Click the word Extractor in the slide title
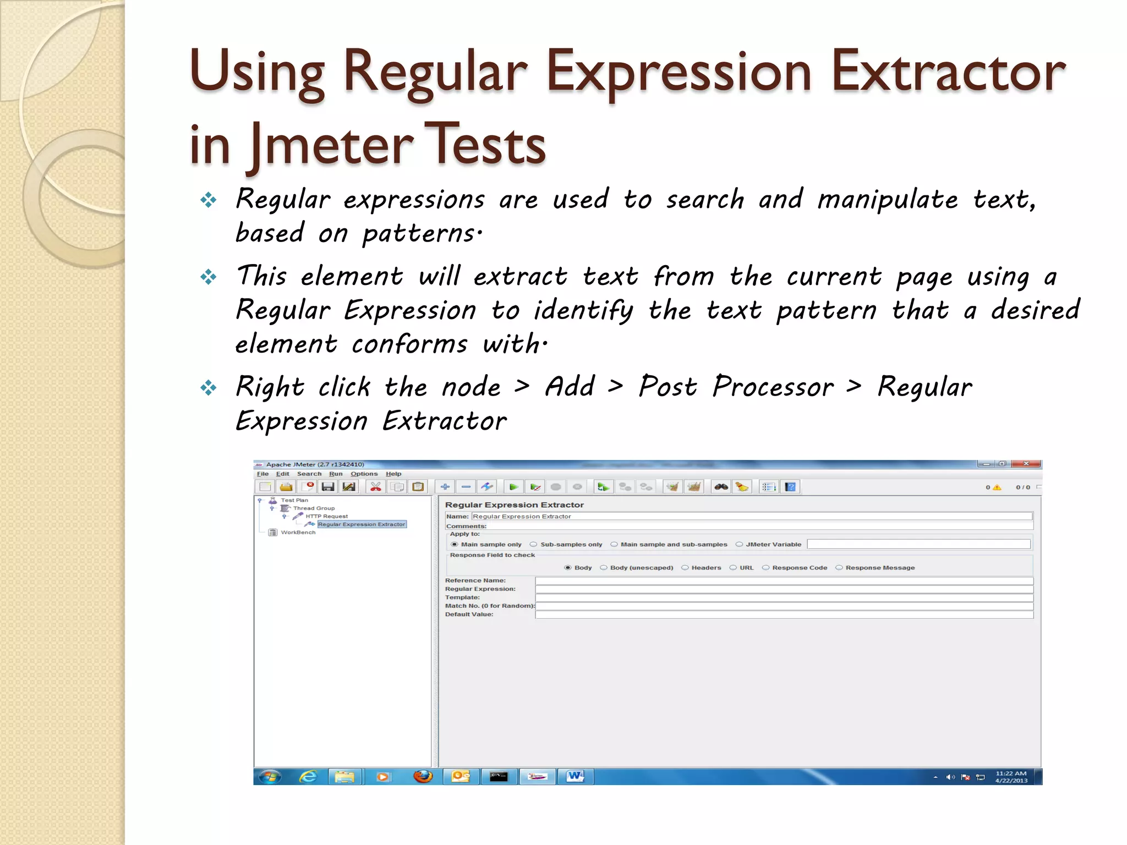click(x=948, y=72)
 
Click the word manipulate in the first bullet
click(x=887, y=200)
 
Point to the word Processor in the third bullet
click(x=773, y=387)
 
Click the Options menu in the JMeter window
click(x=364, y=474)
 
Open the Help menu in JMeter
click(x=393, y=474)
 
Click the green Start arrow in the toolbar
click(x=513, y=487)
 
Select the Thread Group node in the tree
click(x=314, y=508)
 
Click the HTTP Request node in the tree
click(x=326, y=517)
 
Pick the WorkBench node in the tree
click(x=298, y=533)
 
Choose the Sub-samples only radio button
click(x=533, y=545)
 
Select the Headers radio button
click(x=685, y=568)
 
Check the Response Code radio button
click(x=765, y=568)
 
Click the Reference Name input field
click(x=784, y=581)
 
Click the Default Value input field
click(x=784, y=615)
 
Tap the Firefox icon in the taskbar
click(x=423, y=776)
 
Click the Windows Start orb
click(x=270, y=776)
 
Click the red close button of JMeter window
click(x=1026, y=464)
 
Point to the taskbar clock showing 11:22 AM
click(x=1011, y=777)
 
